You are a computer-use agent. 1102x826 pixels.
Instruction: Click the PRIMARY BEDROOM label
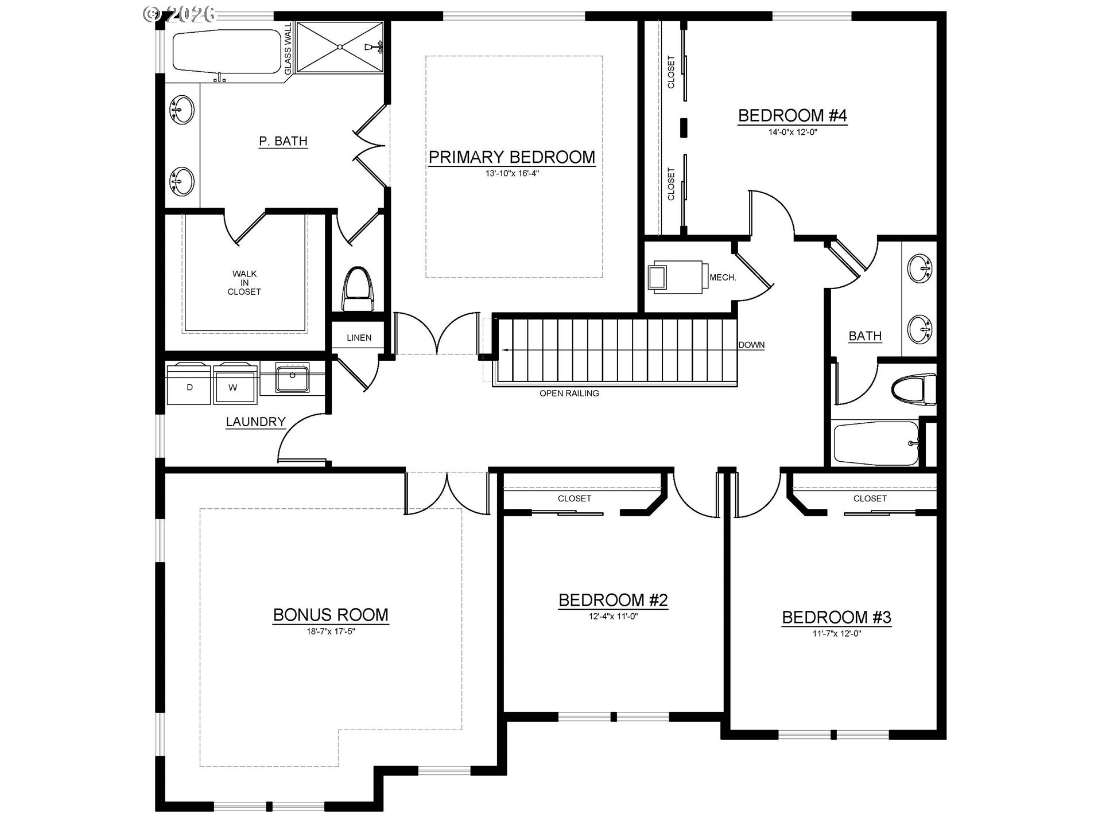point(511,157)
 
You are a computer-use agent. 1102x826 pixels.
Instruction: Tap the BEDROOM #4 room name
point(792,116)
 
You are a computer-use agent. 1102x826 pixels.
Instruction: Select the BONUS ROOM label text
point(331,615)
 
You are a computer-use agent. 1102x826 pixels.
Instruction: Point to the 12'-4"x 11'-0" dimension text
point(613,617)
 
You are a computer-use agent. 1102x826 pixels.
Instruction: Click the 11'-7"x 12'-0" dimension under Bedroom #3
point(836,634)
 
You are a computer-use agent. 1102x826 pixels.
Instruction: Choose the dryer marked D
point(189,383)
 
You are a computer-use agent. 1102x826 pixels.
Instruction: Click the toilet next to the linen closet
point(358,289)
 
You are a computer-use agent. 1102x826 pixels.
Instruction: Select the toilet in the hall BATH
point(913,389)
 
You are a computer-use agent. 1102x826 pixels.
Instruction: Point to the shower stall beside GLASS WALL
point(340,48)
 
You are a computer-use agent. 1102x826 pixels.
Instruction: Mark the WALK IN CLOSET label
point(245,283)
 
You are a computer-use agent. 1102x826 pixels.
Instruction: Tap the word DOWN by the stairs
point(751,345)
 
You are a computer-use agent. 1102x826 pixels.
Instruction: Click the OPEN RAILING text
point(569,393)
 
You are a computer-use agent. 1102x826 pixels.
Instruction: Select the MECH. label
point(723,278)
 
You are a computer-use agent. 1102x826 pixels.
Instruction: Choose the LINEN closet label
point(359,338)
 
